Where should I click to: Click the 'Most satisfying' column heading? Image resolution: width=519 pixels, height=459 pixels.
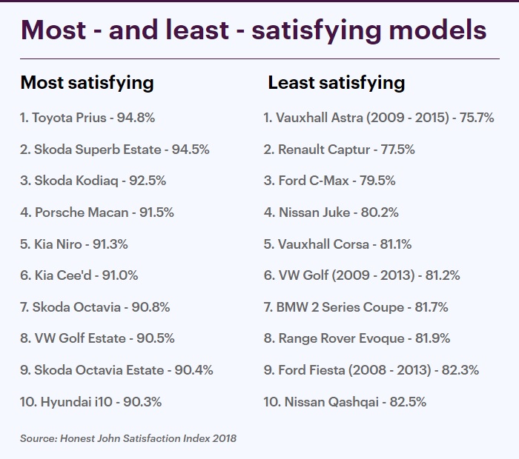(87, 82)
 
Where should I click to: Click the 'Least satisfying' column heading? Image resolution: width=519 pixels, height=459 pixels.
(336, 82)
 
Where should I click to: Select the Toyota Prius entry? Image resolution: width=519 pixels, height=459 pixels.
(87, 118)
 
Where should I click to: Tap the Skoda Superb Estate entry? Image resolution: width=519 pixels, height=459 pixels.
(115, 150)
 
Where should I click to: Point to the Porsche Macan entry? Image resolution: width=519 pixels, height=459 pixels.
(97, 212)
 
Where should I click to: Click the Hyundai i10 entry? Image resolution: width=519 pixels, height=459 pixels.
(91, 402)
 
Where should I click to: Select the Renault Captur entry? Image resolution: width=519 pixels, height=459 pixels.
(339, 150)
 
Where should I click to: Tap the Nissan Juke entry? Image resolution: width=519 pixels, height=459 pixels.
(331, 212)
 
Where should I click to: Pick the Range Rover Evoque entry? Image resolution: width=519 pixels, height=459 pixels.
(357, 338)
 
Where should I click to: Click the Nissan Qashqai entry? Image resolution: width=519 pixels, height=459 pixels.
(345, 402)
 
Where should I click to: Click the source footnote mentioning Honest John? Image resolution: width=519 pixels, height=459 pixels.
(128, 439)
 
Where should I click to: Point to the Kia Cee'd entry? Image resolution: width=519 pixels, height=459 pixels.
(79, 275)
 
